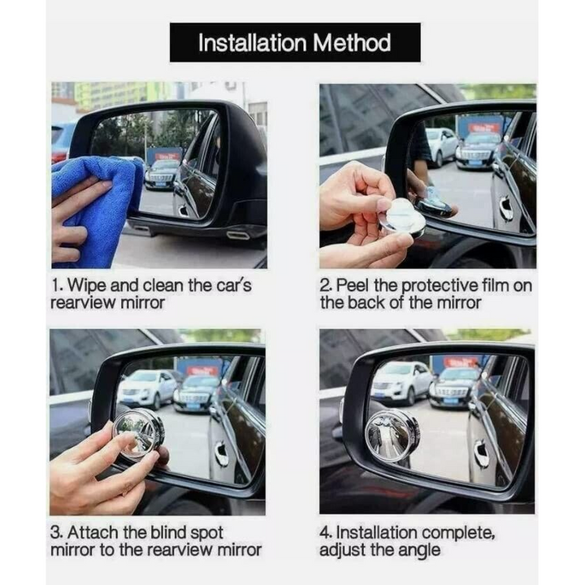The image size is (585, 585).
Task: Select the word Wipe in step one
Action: [88, 285]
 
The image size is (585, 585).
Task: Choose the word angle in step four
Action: [420, 550]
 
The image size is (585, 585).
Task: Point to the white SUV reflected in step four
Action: [401, 383]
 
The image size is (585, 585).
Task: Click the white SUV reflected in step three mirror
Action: [145, 388]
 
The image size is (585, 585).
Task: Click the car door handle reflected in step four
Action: [482, 454]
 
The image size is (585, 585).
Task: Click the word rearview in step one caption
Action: [80, 303]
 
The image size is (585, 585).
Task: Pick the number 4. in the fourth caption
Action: [327, 532]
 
